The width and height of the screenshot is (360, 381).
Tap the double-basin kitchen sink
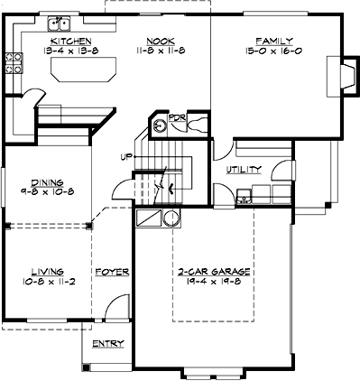point(61,19)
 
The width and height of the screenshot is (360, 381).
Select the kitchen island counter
point(82,70)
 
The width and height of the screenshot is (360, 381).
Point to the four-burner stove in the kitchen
point(14,62)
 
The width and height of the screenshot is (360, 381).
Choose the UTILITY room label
point(245,169)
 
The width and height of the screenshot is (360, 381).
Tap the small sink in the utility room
point(241,191)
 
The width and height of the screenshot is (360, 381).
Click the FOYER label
point(112,271)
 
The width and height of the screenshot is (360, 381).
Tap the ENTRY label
point(107,344)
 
